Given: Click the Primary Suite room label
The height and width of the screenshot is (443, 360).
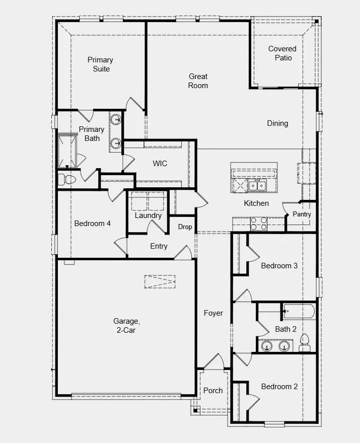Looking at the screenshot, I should click(x=100, y=64).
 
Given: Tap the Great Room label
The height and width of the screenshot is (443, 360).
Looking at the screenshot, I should click(x=198, y=81).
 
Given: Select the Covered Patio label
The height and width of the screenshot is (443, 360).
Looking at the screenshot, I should click(x=282, y=53).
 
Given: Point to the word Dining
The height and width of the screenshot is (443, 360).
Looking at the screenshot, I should click(x=277, y=123).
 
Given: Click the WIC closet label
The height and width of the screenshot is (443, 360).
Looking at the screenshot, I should click(x=160, y=164).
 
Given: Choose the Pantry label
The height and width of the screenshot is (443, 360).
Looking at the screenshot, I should click(x=302, y=214).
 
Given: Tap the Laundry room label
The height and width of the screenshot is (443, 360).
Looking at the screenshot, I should click(x=148, y=215).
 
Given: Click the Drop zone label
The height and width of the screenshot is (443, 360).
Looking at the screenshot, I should click(x=185, y=227).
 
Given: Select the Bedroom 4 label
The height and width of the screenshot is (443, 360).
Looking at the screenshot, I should click(x=92, y=224).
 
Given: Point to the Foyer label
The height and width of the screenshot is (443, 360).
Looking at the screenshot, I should click(x=213, y=313).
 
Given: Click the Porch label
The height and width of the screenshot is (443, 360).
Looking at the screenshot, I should click(x=213, y=390).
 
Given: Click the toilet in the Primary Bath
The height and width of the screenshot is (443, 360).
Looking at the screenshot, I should click(x=66, y=179).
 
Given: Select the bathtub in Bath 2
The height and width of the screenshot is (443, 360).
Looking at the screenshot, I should click(x=299, y=311).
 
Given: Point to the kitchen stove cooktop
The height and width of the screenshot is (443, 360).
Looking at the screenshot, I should click(x=259, y=224).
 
